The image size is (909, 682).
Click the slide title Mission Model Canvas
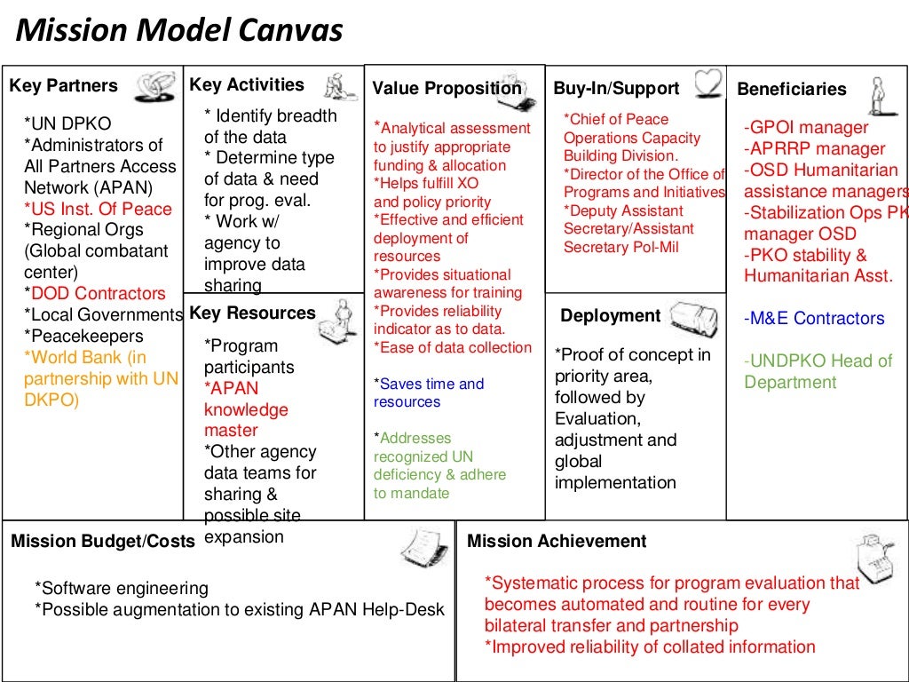180,31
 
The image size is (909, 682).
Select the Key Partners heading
63,86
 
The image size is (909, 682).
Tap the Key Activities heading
247,85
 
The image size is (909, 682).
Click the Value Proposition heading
447,88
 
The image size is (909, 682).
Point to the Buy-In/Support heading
616,88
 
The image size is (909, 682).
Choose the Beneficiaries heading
792,89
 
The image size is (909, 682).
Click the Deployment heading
611,316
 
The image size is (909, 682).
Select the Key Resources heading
253,313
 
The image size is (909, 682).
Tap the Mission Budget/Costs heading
103,541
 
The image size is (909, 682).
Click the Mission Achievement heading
557,541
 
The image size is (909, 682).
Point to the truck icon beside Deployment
693,317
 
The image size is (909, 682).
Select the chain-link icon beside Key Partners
154,86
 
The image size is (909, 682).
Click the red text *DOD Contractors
95,294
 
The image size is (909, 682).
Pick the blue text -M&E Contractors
814,319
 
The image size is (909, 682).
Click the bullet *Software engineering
121,588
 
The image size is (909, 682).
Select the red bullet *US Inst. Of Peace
99,209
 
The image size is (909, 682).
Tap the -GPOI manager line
806,127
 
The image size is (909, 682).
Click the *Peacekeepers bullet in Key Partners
83,337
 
